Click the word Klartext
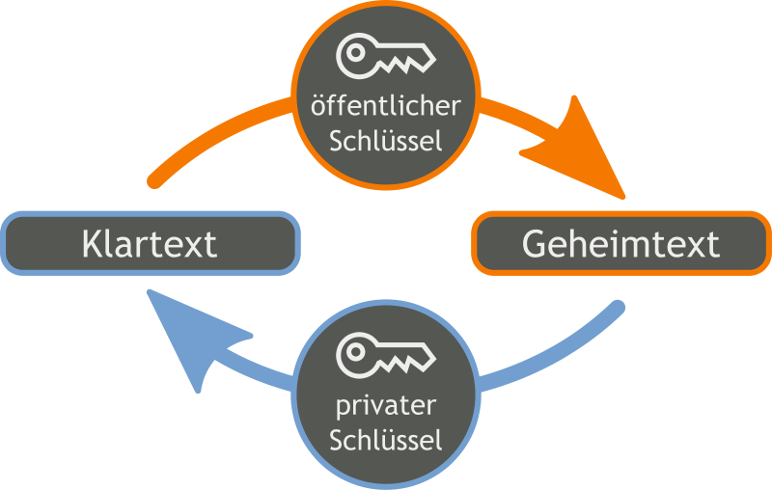[150, 243]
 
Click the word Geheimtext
[620, 243]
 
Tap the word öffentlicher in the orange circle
[386, 105]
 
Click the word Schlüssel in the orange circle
[386, 141]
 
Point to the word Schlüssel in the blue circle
[386, 441]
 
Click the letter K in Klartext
[93, 243]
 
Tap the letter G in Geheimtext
[534, 243]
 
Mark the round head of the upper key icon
[355, 55]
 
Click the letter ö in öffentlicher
[320, 105]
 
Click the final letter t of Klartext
[209, 243]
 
